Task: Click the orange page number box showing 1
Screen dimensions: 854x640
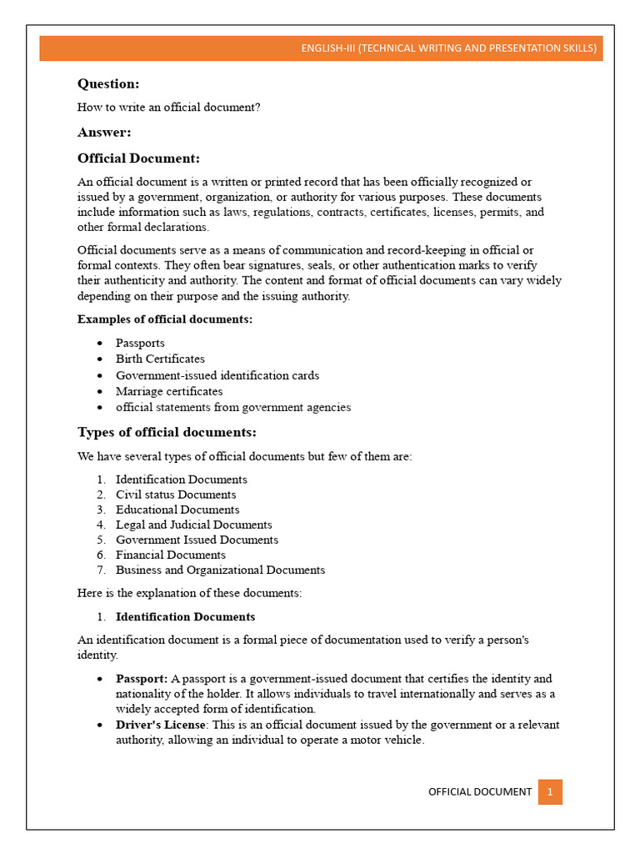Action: pyautogui.click(x=550, y=791)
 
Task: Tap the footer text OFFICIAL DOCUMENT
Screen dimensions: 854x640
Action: pyautogui.click(x=479, y=791)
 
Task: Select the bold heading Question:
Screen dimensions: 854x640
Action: pyautogui.click(x=108, y=83)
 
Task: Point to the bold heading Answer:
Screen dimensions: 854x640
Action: pyautogui.click(x=104, y=132)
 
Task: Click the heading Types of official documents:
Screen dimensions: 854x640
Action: pyautogui.click(x=167, y=432)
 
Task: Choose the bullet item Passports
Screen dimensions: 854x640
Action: pyautogui.click(x=140, y=343)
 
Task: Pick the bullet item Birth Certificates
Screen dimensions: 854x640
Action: pyautogui.click(x=160, y=359)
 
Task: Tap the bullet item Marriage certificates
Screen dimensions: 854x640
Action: pyautogui.click(x=169, y=391)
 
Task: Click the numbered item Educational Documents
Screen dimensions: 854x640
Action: pyautogui.click(x=177, y=510)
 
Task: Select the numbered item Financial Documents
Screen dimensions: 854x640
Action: pyautogui.click(x=171, y=555)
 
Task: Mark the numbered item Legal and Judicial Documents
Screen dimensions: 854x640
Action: pyautogui.click(x=193, y=525)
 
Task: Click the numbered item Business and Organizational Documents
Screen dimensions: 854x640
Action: pyautogui.click(x=220, y=570)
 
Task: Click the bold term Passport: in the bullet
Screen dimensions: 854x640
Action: pyautogui.click(x=142, y=679)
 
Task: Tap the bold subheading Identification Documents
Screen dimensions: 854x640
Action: pyautogui.click(x=185, y=617)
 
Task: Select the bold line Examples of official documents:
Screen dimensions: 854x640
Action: pyautogui.click(x=165, y=319)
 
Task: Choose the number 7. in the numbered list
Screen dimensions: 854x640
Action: pyautogui.click(x=101, y=570)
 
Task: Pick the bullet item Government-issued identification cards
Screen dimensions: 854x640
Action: pyautogui.click(x=217, y=375)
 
